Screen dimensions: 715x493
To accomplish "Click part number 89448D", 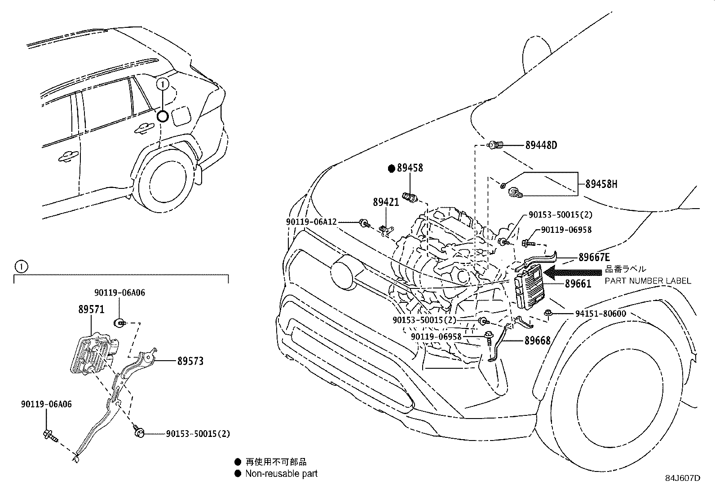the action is pos(541,145).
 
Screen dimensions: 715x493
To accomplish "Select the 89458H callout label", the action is pos(601,184).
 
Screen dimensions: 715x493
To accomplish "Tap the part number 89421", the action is pos(386,202).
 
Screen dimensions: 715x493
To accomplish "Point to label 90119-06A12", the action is pos(311,222).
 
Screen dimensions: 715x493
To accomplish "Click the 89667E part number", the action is pos(594,257).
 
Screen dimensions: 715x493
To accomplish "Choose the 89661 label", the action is pos(578,284).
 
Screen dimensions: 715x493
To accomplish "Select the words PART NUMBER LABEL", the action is pos(648,281).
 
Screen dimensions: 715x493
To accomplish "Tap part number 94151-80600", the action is pos(600,314).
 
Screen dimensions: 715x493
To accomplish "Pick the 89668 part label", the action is pos(538,340).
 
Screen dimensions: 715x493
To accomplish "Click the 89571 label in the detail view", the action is pos(91,310).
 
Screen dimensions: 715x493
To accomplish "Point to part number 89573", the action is pos(190,361).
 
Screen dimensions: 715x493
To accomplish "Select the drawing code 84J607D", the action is pos(683,478).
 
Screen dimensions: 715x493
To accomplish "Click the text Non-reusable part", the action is pos(281,474).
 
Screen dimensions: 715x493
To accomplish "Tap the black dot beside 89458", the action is pos(392,168).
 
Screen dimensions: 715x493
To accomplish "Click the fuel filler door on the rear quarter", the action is pos(181,115).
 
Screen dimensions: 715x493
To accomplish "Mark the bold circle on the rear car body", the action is pos(163,116).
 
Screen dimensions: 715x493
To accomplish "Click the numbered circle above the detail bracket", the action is pos(22,266).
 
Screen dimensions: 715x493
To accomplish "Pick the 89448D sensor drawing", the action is pos(495,145).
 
